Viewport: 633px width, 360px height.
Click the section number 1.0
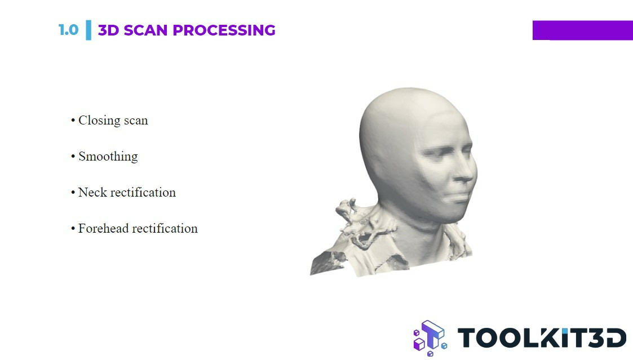click(x=68, y=30)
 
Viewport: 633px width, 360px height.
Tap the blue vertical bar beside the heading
click(x=88, y=30)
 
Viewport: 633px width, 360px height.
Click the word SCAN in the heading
click(x=145, y=30)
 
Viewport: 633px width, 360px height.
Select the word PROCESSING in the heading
click(x=224, y=30)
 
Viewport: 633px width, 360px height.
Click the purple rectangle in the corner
click(x=582, y=30)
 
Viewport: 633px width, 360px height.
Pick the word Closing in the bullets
click(x=99, y=121)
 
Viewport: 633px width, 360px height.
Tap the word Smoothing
click(x=108, y=157)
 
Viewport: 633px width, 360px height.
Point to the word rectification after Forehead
click(x=166, y=228)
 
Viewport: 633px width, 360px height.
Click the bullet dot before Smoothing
click(x=73, y=157)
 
